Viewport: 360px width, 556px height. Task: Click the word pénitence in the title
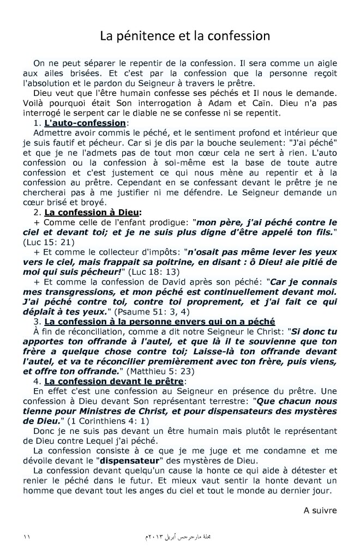click(x=141, y=37)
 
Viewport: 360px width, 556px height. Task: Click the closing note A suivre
click(x=321, y=511)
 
